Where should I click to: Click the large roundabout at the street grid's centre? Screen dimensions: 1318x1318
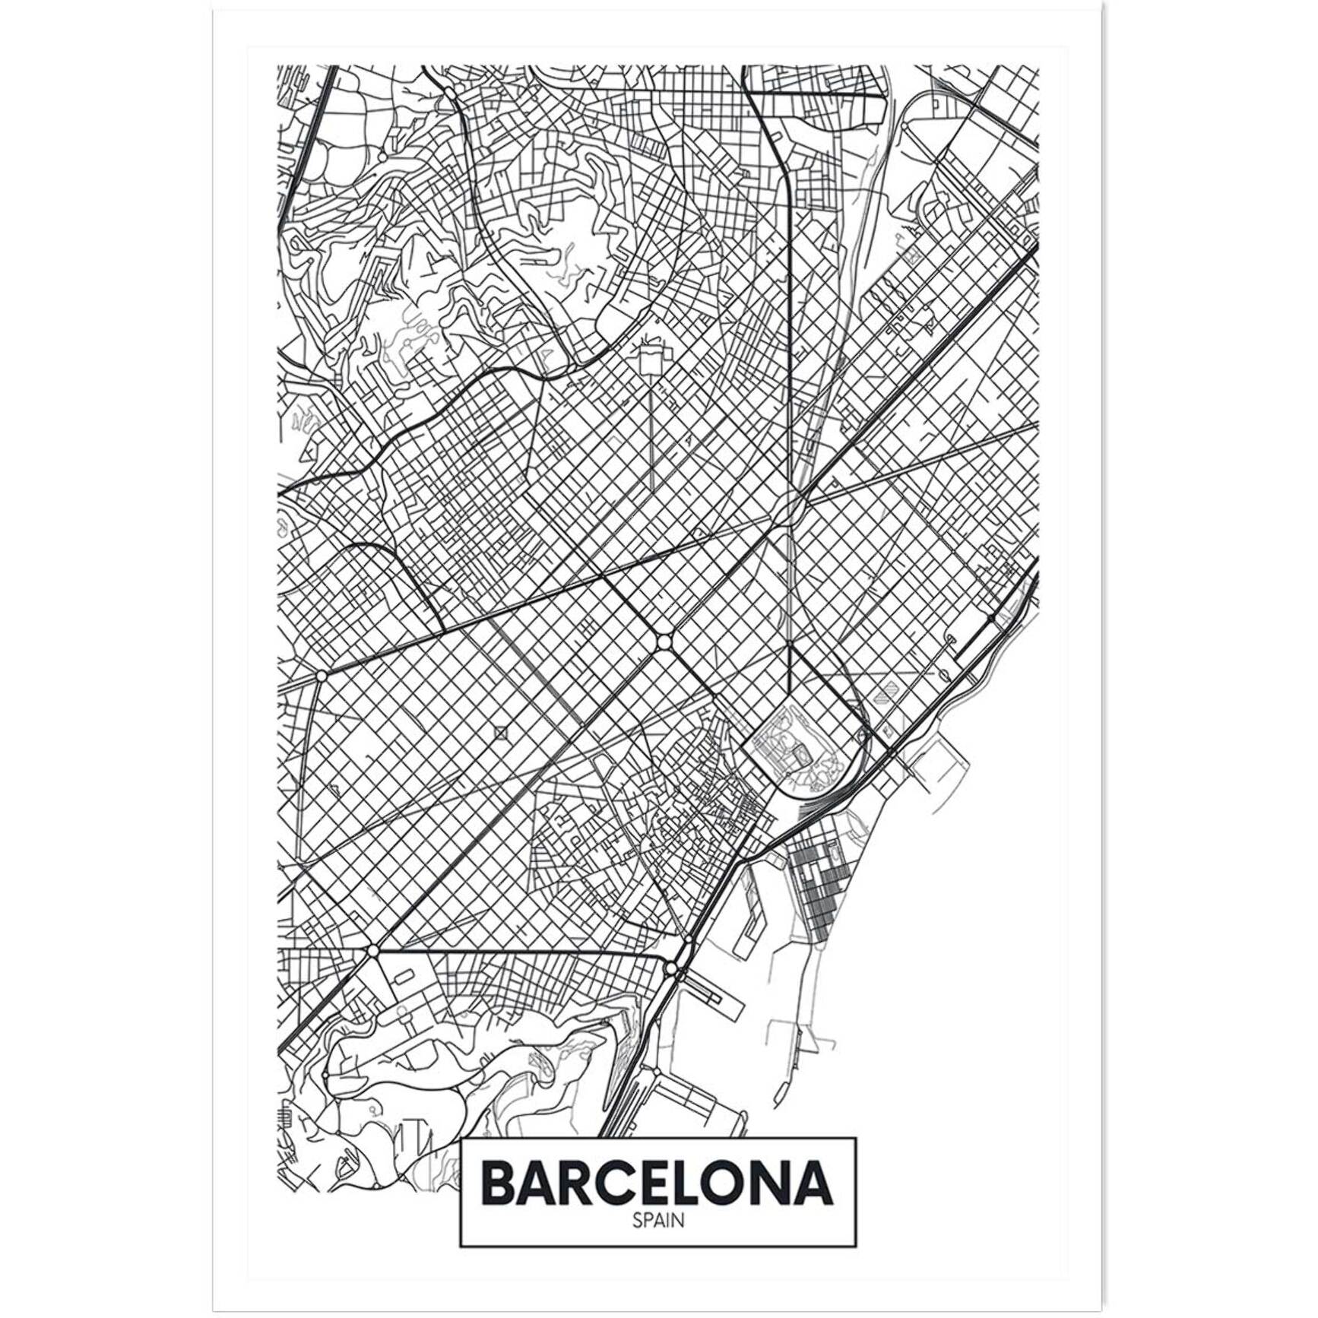[x=665, y=642]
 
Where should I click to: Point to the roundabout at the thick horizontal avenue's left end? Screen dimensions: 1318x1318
[x=372, y=951]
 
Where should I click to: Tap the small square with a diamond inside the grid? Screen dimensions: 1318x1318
[x=500, y=733]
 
